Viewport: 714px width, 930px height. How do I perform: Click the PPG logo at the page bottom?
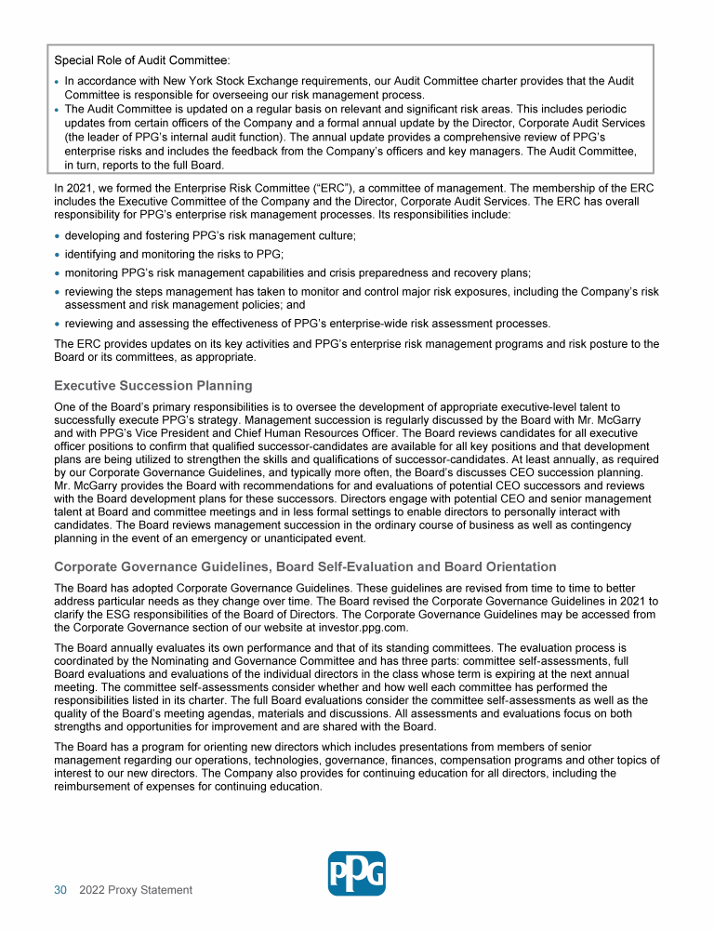click(357, 873)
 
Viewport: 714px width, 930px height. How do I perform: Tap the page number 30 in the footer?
click(60, 890)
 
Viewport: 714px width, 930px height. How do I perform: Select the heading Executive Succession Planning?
click(152, 386)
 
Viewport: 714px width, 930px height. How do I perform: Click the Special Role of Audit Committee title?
click(142, 60)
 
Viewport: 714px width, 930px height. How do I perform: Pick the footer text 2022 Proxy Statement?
click(136, 890)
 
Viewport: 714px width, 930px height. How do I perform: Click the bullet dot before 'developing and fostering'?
click(58, 236)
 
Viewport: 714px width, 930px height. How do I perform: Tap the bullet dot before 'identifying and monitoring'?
click(58, 255)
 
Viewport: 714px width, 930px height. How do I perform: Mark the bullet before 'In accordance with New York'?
click(58, 82)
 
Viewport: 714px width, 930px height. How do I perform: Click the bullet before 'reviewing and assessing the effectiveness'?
click(58, 324)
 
